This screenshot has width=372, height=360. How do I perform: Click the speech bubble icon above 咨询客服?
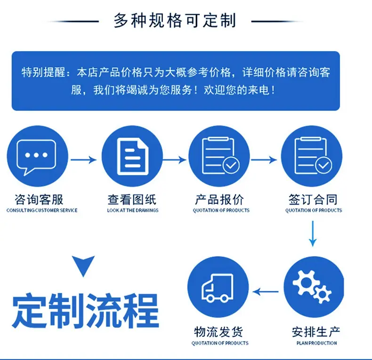pos(36,157)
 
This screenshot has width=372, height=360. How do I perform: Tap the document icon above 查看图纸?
pos(133,157)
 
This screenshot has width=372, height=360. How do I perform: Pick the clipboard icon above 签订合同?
pos(313,156)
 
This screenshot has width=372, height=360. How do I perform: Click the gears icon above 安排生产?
pos(312,287)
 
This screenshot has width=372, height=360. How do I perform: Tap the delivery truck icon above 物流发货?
pos(218,288)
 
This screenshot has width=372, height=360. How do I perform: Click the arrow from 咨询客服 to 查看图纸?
pos(84,160)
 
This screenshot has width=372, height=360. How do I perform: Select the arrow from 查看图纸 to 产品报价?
pos(174,160)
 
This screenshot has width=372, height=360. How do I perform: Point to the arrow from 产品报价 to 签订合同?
pos(264,160)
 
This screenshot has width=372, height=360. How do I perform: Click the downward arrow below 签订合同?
pos(313,234)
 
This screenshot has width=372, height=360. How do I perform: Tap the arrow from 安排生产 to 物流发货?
pos(266,291)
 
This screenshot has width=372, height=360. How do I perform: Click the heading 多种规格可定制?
pos(175,21)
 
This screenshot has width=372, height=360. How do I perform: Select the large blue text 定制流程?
pos(85,311)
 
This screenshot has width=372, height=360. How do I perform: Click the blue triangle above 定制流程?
pos(83,265)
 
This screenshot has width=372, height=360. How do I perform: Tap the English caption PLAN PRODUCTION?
pos(316,343)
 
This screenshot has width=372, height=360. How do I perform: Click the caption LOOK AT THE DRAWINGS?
pos(133,210)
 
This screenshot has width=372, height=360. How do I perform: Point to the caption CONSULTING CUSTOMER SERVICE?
pos(42,210)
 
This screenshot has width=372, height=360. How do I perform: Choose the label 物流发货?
pos(218,332)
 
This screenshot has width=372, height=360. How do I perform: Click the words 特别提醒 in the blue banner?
pos(43,72)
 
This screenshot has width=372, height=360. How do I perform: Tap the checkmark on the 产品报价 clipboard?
pos(231,165)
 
